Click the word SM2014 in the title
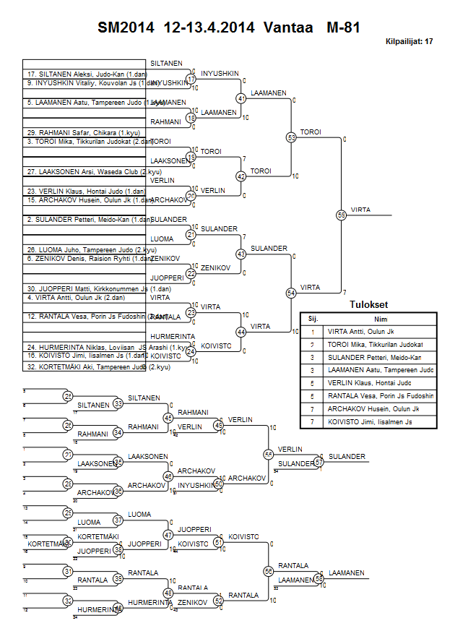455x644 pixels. point(126,28)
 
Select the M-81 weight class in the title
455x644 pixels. point(343,28)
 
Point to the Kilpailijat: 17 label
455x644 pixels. point(409,42)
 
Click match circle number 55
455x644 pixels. point(342,215)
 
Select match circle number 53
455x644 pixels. point(291,137)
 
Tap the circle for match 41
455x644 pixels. point(241,98)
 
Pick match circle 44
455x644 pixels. point(241,332)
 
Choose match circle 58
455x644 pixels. point(318,579)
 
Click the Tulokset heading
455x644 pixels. point(368,305)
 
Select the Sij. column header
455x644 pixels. point(313,318)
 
